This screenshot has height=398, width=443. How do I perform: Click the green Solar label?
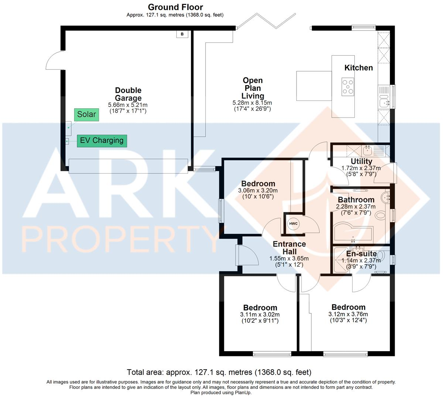tap(86, 115)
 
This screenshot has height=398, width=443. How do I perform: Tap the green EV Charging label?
tap(102, 140)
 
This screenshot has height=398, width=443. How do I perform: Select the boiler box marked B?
tap(182, 34)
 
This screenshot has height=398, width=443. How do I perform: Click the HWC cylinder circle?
tap(293, 224)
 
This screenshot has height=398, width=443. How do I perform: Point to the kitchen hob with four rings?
tap(347, 87)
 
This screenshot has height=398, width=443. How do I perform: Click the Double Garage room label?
tap(128, 94)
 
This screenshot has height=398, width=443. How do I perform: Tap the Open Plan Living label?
tap(253, 88)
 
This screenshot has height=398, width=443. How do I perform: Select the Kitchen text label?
tap(359, 68)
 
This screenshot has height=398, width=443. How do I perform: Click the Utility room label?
tap(361, 161)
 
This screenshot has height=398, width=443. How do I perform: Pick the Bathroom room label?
tap(356, 200)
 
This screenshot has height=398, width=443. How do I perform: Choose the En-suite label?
tap(361, 254)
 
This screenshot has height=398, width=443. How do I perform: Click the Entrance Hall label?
tap(289, 248)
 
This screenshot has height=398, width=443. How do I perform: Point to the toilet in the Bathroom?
tap(379, 216)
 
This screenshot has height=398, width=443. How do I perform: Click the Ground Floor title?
tap(175, 7)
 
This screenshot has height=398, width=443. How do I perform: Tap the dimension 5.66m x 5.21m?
tap(128, 105)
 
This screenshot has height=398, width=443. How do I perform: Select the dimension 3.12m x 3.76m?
tap(348, 314)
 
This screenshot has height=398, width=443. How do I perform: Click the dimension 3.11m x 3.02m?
tap(260, 315)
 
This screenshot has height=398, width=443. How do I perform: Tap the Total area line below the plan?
tap(219, 372)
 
